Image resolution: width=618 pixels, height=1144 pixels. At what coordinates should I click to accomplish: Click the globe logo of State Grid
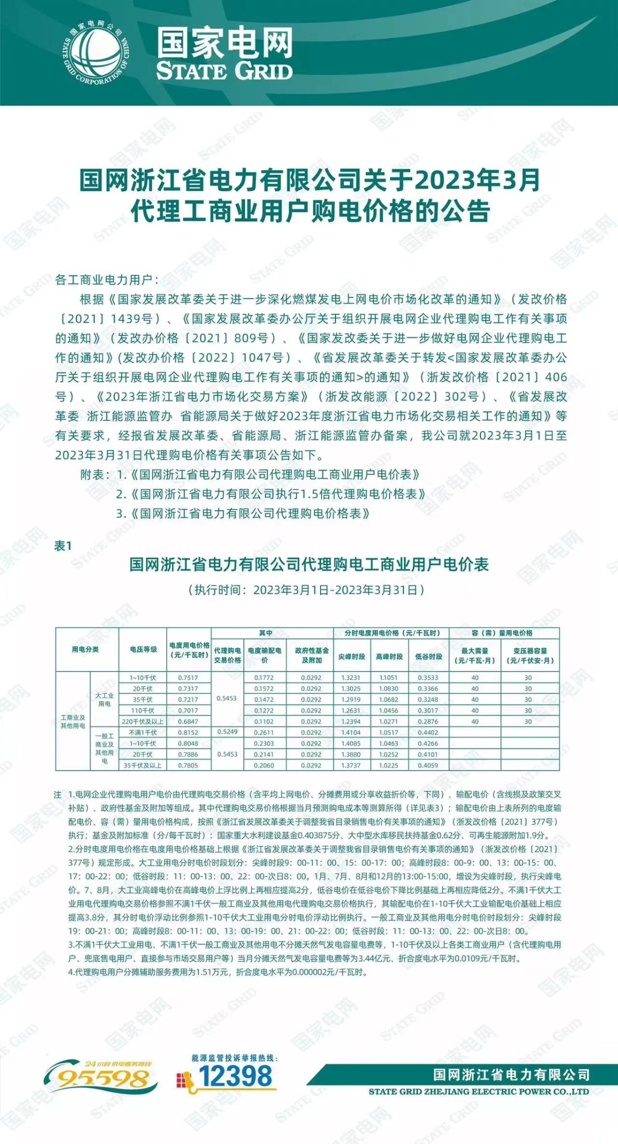[x=96, y=53]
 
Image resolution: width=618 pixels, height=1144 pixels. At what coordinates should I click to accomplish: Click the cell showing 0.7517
[x=188, y=678]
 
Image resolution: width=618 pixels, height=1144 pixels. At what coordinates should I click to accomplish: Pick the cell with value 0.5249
[x=227, y=732]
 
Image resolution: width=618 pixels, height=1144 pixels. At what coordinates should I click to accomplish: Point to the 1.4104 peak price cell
[x=351, y=732]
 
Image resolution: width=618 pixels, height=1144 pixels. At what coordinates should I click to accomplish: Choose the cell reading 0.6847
[x=188, y=722]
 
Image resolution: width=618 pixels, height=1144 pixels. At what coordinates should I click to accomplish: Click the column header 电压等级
[x=143, y=649]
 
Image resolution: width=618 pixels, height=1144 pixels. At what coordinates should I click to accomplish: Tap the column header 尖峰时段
[x=352, y=656]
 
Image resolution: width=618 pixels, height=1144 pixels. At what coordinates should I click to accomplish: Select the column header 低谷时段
[x=428, y=656]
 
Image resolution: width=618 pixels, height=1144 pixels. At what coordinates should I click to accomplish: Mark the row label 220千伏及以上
[x=142, y=722]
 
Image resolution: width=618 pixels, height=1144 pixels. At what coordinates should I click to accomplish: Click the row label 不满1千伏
[x=142, y=732]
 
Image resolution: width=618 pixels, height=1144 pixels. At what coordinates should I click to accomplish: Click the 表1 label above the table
[x=63, y=546]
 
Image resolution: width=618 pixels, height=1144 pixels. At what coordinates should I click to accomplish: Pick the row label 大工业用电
[x=104, y=699]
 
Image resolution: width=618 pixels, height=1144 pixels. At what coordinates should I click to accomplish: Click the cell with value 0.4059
[x=428, y=765]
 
